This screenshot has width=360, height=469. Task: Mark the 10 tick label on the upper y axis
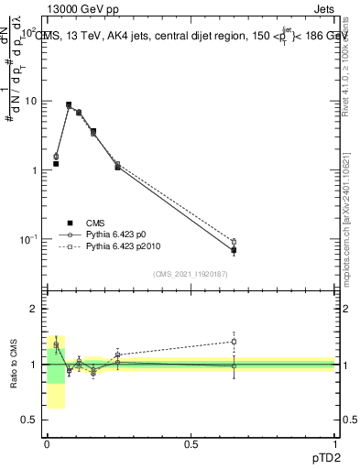[x=32, y=101]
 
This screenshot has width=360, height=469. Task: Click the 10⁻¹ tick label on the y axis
[x=30, y=239]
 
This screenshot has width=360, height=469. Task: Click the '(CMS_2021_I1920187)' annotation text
[x=191, y=273]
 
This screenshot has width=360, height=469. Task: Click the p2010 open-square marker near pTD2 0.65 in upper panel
[x=234, y=242]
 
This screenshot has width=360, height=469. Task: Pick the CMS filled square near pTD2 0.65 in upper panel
[x=234, y=250]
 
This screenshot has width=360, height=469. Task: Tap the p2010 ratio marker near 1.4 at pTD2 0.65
[x=234, y=342]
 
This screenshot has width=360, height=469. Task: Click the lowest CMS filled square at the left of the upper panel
[x=56, y=164]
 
